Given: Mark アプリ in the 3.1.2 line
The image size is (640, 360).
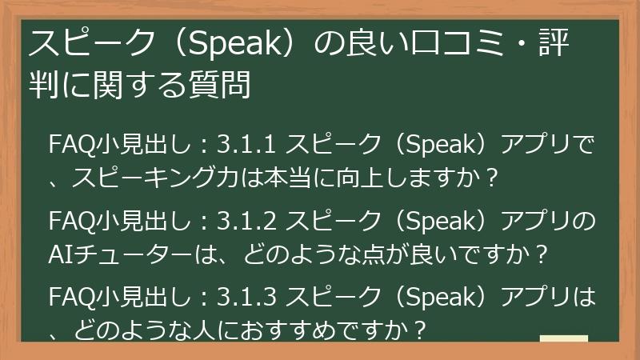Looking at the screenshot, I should click(x=535, y=222).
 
